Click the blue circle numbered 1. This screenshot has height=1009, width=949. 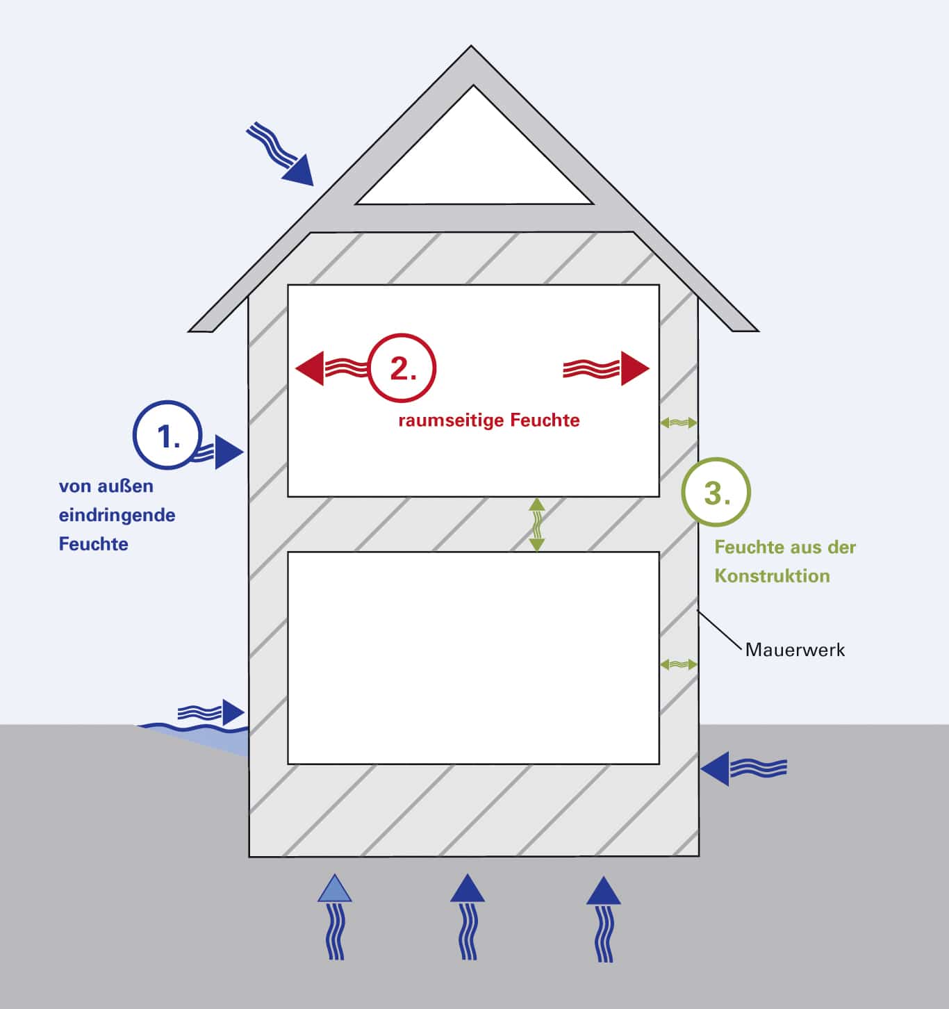click(x=167, y=436)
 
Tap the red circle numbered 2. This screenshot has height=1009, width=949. click(x=402, y=368)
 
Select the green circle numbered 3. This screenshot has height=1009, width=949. click(x=716, y=492)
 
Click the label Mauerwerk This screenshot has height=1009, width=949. click(x=795, y=650)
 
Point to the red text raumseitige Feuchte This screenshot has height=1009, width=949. click(x=488, y=420)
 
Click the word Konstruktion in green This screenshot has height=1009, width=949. click(x=772, y=575)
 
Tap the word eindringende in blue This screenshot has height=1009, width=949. click(x=117, y=515)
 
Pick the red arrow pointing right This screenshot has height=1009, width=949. click(x=608, y=368)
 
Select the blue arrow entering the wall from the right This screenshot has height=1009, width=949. click(x=743, y=769)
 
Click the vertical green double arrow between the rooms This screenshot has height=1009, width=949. click(x=536, y=525)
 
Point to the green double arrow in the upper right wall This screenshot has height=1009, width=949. click(x=679, y=422)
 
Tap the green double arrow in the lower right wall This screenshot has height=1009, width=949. click(x=679, y=664)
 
